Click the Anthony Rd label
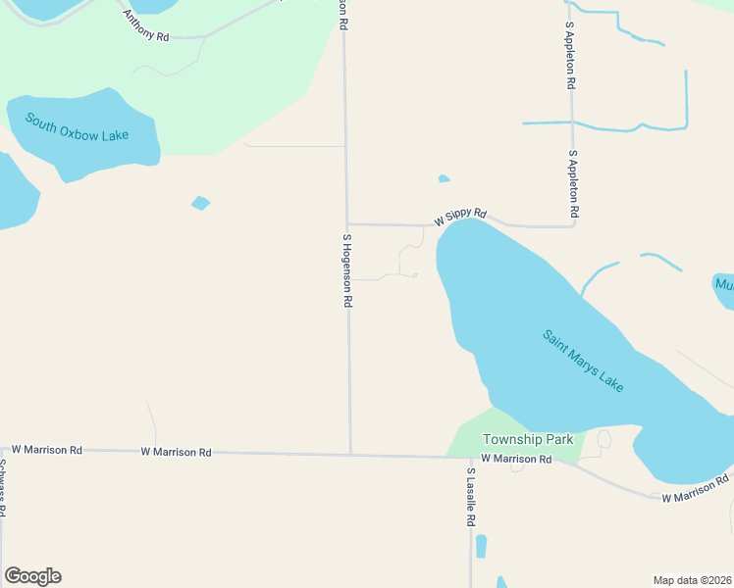(x=145, y=26)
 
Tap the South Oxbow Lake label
(x=91, y=127)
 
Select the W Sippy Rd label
(x=461, y=216)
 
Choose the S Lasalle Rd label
(x=471, y=498)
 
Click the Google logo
(x=32, y=576)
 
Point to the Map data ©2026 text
(x=692, y=579)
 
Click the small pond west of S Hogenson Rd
(x=200, y=203)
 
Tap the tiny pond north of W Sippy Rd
(x=444, y=178)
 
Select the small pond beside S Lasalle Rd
(x=481, y=546)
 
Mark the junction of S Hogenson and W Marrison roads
(x=350, y=454)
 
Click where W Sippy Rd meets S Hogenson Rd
(x=346, y=223)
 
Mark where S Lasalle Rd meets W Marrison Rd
(x=470, y=457)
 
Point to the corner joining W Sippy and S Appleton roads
(x=574, y=226)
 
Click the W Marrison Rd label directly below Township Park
(x=516, y=459)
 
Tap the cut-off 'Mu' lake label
(x=724, y=285)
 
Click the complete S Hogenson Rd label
(x=346, y=270)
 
